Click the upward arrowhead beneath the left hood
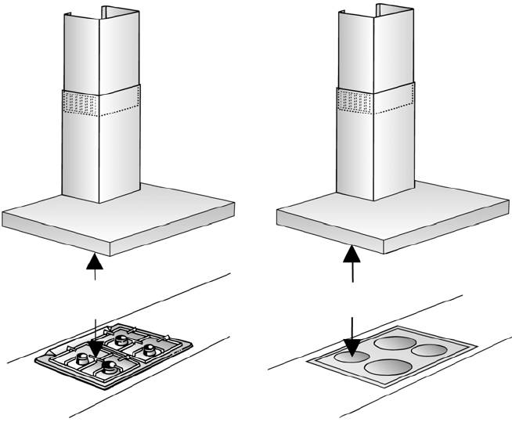pyautogui.click(x=94, y=259)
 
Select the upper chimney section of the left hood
pyautogui.click(x=99, y=47)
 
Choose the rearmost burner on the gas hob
pyautogui.click(x=122, y=341)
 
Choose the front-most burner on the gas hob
pyautogui.click(x=107, y=365)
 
